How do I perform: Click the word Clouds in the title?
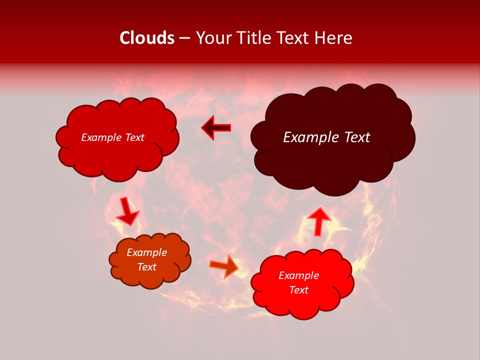coord(146,38)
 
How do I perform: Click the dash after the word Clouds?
coord(184,39)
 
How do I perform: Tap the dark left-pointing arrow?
coord(216,128)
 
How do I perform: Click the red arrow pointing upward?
coord(318,220)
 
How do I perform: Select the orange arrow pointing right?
coord(225,265)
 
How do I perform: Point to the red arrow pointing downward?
coord(127,211)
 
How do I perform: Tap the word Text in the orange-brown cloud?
coord(147,267)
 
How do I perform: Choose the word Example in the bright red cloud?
coord(298,275)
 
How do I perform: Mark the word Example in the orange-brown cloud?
coord(147,252)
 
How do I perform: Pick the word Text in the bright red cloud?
coord(298,290)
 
